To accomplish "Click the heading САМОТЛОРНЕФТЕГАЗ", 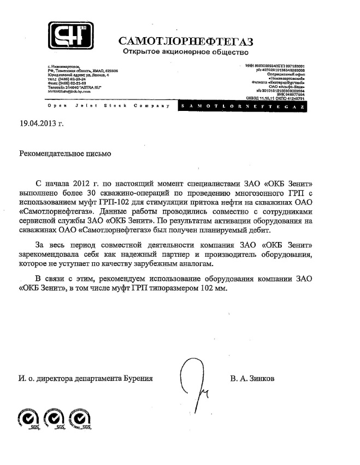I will click(x=186, y=41).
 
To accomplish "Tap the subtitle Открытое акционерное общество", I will click(x=186, y=52).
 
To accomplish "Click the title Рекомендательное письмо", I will click(x=65, y=154).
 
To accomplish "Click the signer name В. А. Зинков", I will click(x=253, y=378).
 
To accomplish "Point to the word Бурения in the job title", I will click(x=138, y=378).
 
